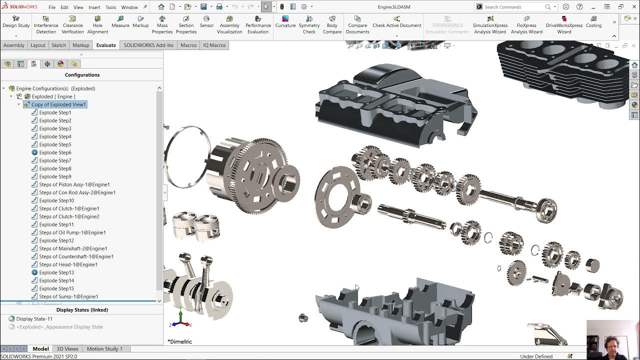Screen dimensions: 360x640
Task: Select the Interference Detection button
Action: click(46, 25)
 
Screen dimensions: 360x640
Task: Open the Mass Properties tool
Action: click(162, 25)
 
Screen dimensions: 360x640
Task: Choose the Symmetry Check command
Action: click(309, 25)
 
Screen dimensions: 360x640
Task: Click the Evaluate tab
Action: click(106, 45)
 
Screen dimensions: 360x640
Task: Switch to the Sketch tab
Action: click(58, 45)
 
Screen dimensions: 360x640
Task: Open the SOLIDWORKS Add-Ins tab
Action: click(148, 45)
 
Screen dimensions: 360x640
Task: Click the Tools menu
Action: click(110, 7)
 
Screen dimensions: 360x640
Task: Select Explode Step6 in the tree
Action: click(55, 152)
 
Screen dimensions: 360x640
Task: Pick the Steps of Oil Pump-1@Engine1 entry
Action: click(72, 232)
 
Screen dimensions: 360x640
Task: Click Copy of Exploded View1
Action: click(58, 104)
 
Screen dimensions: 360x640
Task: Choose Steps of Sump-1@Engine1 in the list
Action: click(68, 296)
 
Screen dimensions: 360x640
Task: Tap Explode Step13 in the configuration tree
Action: click(56, 272)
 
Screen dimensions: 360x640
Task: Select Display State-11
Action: click(34, 318)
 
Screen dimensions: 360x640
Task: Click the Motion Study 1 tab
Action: click(104, 348)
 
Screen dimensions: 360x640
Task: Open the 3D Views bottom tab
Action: click(67, 348)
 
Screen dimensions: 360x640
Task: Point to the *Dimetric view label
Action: click(180, 341)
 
